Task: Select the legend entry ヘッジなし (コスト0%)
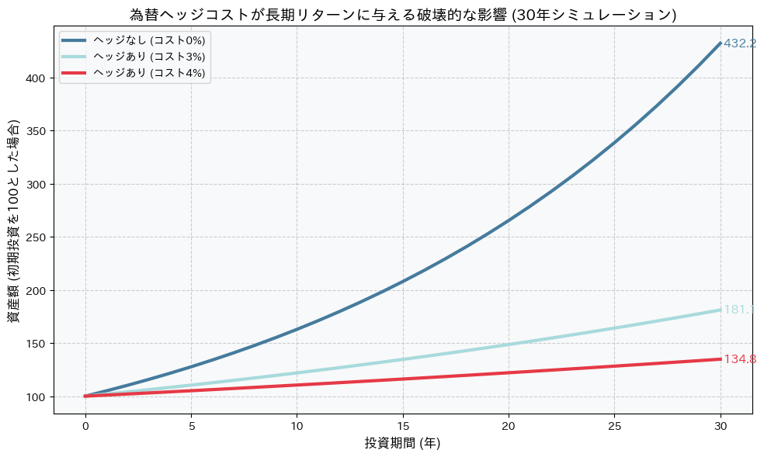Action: click(148, 40)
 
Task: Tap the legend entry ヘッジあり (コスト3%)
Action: click(148, 56)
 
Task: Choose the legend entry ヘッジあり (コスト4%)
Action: click(148, 72)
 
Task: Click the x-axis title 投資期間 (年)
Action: click(403, 443)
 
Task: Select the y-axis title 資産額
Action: click(14, 221)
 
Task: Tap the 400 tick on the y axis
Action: click(39, 78)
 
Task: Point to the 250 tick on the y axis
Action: click(39, 237)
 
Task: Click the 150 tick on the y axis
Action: click(39, 344)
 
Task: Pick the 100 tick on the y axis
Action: click(39, 396)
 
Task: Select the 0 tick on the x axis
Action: click(85, 425)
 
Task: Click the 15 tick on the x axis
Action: click(403, 425)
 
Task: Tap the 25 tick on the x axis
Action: click(614, 425)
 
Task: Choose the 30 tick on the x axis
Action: click(721, 425)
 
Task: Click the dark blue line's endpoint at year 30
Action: click(721, 43)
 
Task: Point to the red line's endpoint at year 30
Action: click(721, 359)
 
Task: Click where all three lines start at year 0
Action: click(85, 396)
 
